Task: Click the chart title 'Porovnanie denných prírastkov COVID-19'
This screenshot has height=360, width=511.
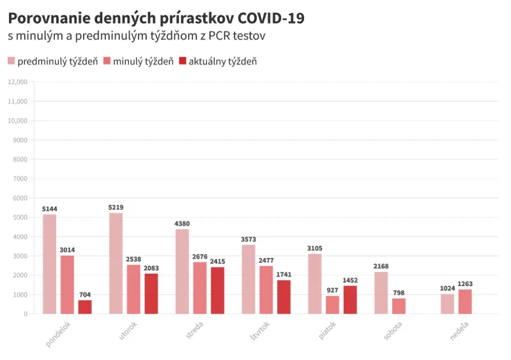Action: point(156,19)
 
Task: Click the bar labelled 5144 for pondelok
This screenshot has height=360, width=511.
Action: point(49,264)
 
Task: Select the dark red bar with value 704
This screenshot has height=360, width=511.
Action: point(85,307)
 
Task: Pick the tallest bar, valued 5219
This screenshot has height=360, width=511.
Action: point(116,263)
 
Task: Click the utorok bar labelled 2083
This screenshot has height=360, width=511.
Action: point(151,294)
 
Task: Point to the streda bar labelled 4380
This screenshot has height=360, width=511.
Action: point(182,271)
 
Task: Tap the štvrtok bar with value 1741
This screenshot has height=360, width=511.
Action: point(284,297)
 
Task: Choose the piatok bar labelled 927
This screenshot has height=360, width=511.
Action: point(332,305)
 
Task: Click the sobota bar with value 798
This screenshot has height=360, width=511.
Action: point(399,306)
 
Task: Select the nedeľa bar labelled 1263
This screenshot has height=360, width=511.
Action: point(465,301)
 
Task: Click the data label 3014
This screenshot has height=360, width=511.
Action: point(67,250)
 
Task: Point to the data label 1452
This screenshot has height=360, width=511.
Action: point(350,280)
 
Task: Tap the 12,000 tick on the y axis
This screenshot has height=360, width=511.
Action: point(17,82)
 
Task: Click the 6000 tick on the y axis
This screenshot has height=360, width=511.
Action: point(19,198)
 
